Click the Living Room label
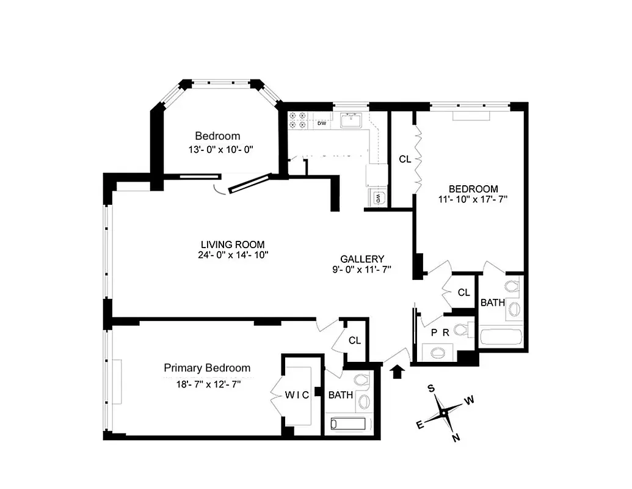230,244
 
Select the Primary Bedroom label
207,368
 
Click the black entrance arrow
397,371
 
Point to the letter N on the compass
455,437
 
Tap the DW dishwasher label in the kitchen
322,123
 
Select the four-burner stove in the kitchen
297,120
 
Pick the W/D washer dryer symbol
378,197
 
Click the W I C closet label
297,395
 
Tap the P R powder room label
440,333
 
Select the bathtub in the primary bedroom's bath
347,424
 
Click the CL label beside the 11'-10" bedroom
404,159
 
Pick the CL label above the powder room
463,293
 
